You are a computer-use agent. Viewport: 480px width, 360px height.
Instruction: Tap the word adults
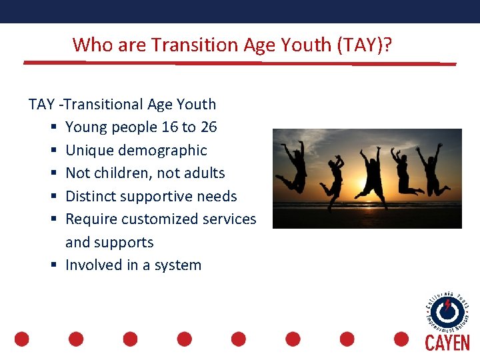tap(203, 173)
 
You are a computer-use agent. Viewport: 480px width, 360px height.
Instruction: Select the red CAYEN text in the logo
tap(447, 343)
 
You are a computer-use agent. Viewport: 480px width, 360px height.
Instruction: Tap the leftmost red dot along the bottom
tap(22, 339)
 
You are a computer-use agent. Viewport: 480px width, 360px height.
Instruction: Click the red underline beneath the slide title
tap(240, 63)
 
